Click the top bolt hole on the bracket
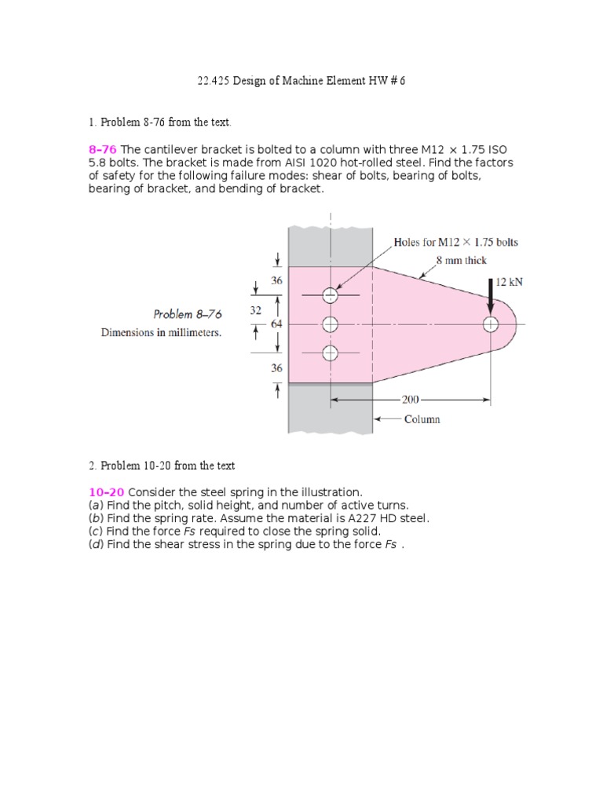(x=330, y=295)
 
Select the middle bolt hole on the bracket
(x=330, y=323)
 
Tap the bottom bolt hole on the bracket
(x=330, y=353)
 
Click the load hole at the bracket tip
(x=491, y=323)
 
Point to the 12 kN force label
(x=504, y=282)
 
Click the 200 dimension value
(x=411, y=400)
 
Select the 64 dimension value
(x=276, y=323)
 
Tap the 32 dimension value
(x=255, y=310)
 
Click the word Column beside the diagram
(x=422, y=419)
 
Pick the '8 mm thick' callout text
(x=462, y=260)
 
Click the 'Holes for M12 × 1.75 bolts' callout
(x=455, y=242)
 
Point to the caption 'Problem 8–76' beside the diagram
(x=188, y=314)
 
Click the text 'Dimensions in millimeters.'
(x=161, y=332)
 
